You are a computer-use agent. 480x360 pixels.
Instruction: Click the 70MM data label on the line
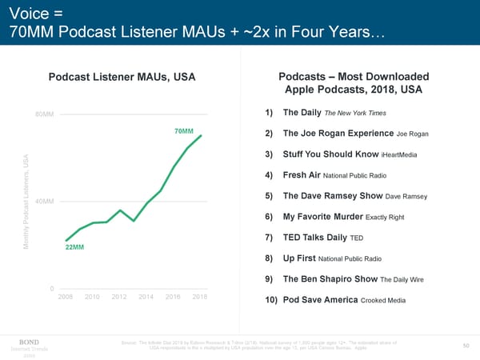183,130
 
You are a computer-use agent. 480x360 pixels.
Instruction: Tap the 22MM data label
74,246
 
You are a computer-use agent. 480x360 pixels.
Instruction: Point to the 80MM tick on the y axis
44,114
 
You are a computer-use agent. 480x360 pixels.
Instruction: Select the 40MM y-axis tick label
44,201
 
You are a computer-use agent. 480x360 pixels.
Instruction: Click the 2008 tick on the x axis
68,297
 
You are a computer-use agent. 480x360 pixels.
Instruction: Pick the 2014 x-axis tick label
145,297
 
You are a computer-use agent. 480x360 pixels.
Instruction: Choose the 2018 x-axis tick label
200,297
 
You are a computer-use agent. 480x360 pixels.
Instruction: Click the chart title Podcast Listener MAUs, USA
122,78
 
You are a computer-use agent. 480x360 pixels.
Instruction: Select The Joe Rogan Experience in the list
338,134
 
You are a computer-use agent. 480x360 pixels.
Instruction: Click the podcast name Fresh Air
301,175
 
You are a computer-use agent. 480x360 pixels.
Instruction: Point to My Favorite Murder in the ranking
322,217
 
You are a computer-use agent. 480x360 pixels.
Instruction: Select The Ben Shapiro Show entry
330,279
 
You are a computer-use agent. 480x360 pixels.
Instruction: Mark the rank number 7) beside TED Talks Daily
268,238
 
